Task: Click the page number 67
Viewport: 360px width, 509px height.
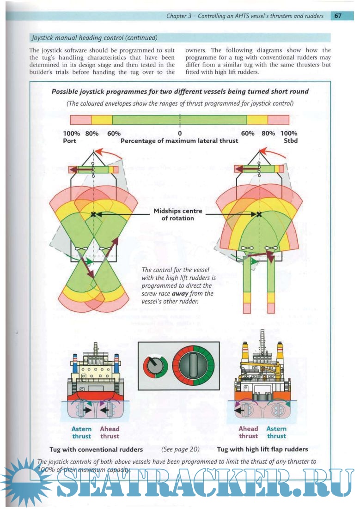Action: click(x=338, y=16)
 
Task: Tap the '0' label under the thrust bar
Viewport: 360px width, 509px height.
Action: click(x=179, y=133)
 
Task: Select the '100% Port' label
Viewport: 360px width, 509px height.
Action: click(x=71, y=137)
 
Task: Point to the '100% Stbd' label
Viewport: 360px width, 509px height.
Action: click(x=289, y=137)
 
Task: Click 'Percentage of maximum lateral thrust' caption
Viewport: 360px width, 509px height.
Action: click(x=179, y=141)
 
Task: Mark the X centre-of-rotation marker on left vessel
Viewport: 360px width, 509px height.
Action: click(x=94, y=215)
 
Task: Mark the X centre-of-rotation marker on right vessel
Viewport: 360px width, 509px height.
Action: click(x=259, y=214)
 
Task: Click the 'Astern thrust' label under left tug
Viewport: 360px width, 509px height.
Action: click(x=81, y=432)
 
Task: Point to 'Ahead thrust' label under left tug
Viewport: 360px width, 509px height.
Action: click(x=110, y=432)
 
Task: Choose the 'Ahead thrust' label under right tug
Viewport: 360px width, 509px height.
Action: click(x=248, y=432)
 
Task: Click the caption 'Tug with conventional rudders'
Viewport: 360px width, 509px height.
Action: click(x=96, y=449)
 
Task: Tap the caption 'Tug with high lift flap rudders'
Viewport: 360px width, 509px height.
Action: click(x=262, y=449)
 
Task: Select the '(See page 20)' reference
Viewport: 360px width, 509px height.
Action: click(x=180, y=448)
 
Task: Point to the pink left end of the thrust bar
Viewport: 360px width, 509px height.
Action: click(x=81, y=120)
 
